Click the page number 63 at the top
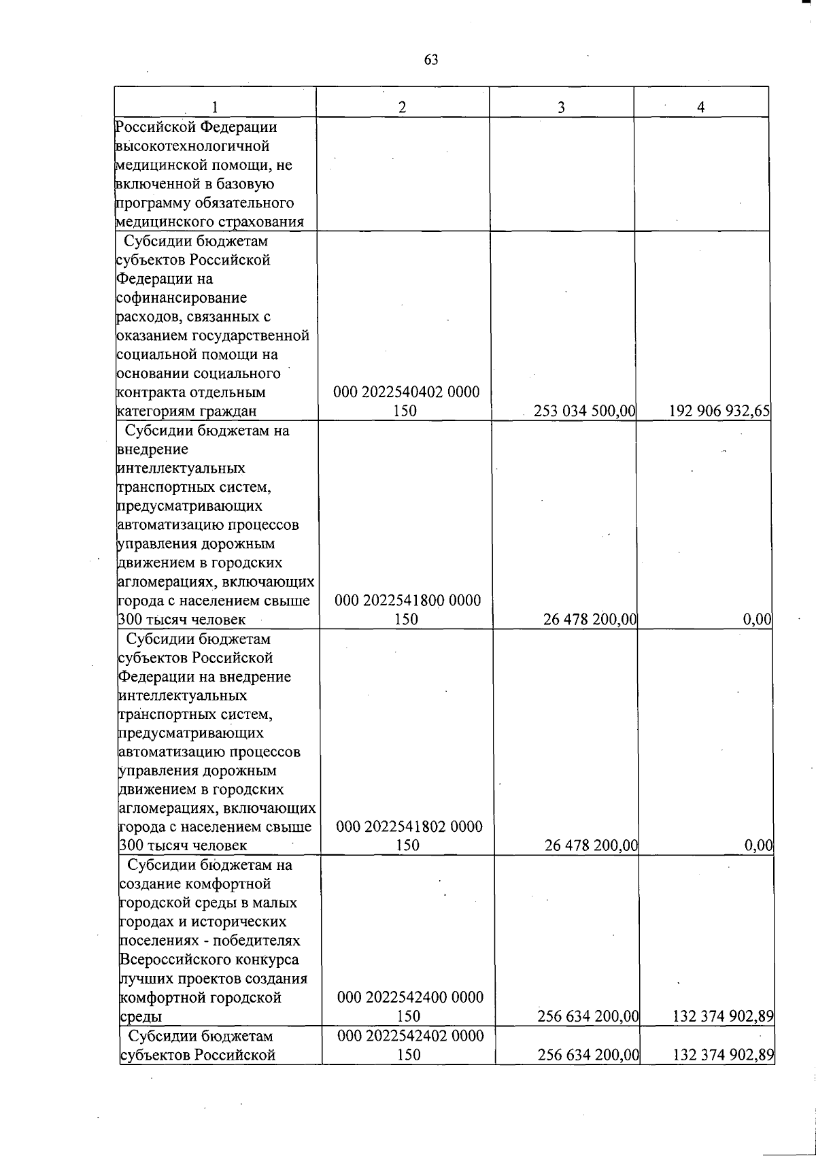[x=431, y=60]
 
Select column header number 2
[x=403, y=107]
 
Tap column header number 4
[x=700, y=107]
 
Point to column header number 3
[x=561, y=107]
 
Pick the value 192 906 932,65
[x=720, y=411]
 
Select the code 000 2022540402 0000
[x=407, y=392]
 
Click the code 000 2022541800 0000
[x=408, y=601]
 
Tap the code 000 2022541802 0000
[x=409, y=827]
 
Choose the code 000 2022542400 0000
[x=410, y=998]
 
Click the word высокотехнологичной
[x=192, y=146]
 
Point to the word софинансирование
[x=182, y=298]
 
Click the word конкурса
[x=267, y=960]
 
